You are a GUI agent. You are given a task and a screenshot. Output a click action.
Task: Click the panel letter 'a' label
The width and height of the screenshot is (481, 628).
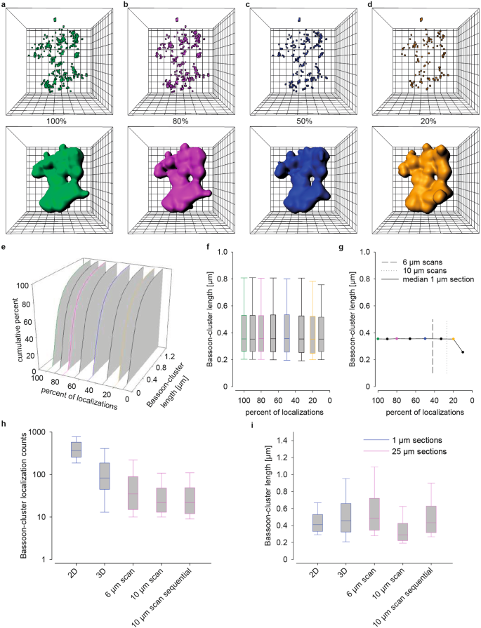[6, 5]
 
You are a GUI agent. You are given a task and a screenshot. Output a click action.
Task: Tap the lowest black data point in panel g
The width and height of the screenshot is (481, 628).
[463, 352]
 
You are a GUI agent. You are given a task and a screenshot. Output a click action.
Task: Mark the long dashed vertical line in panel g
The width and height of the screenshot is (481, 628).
[433, 346]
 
